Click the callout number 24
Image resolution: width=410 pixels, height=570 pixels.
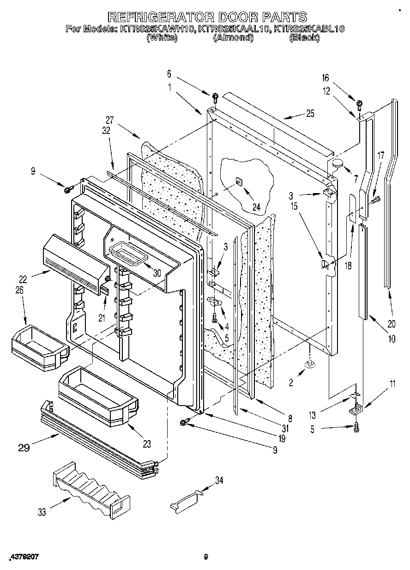256,208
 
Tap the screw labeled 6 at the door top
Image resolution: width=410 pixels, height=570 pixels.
215,97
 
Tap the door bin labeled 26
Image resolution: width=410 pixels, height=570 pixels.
37,346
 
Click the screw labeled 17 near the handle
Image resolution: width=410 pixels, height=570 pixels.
375,199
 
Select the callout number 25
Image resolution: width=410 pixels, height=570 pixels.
310,114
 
